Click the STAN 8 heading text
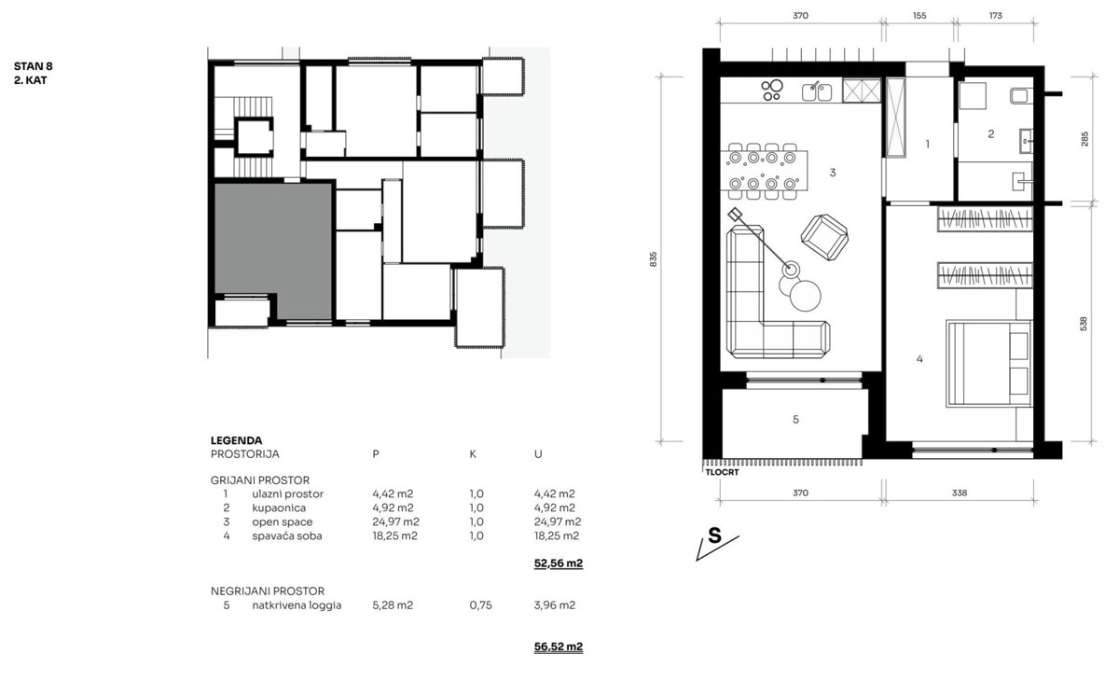tap(33, 66)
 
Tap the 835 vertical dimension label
tap(654, 258)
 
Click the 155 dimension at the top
tap(919, 16)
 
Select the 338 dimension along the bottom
tap(960, 493)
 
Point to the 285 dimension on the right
tap(1084, 139)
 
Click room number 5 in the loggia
tap(795, 419)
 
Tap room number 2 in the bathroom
tap(991, 134)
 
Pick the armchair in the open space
tap(824, 237)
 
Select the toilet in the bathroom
tap(1020, 95)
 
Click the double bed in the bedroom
tap(989, 363)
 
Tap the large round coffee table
tap(806, 296)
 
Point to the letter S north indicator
tap(715, 535)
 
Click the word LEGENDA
tap(236, 440)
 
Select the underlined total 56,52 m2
tap(559, 647)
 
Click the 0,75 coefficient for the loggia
tap(480, 605)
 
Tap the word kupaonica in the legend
tap(279, 508)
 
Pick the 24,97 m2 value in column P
tap(395, 522)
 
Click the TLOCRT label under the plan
tap(722, 472)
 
